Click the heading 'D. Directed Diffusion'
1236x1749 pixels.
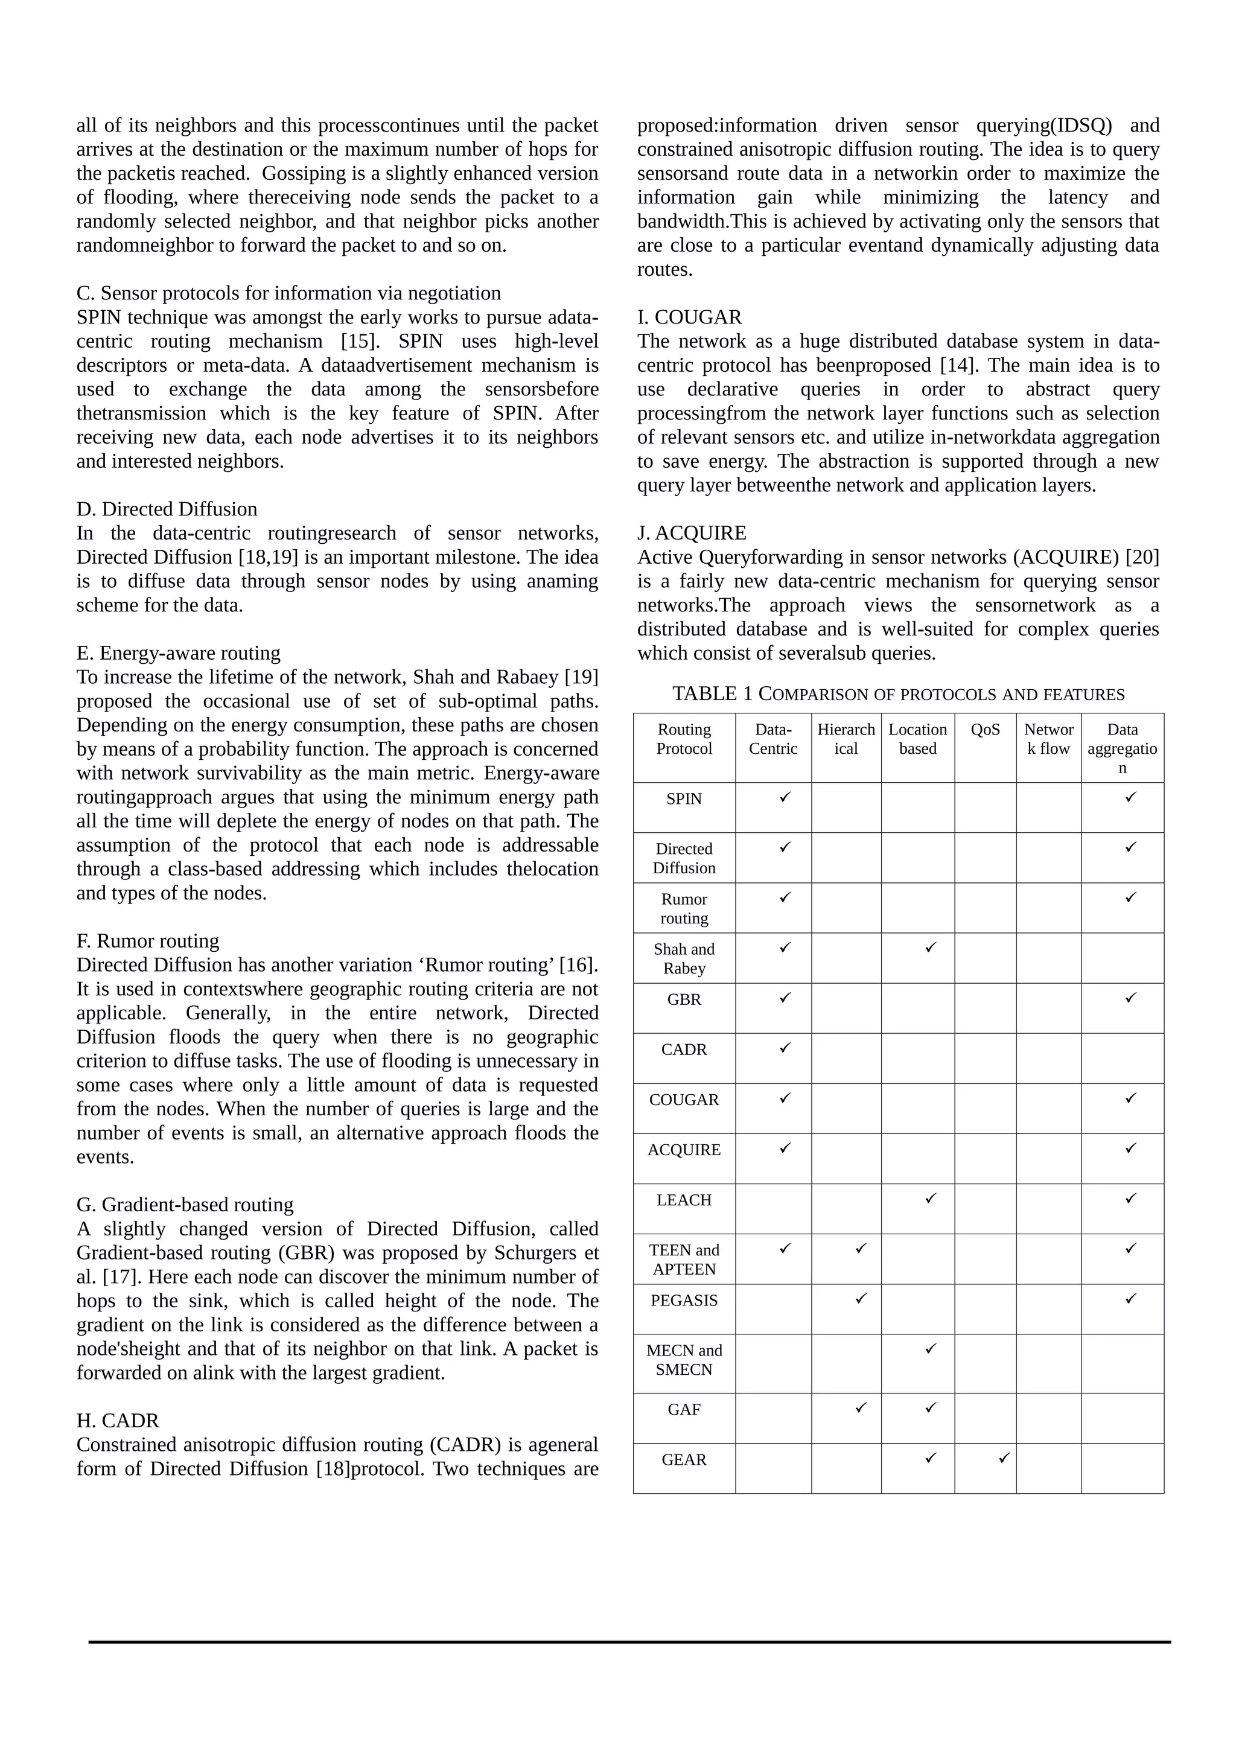coord(167,509)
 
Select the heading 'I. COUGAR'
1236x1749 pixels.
coord(689,317)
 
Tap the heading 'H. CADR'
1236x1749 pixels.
coord(118,1421)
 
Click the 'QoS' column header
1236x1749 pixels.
coord(985,730)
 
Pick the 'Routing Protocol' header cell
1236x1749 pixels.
coord(684,739)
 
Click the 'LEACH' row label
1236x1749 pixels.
coord(684,1200)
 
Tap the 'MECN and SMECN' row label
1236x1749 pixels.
coord(684,1360)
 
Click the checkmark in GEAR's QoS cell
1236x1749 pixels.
coord(1004,1458)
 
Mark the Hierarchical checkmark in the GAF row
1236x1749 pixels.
coord(861,1407)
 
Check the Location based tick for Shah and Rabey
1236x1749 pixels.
coord(930,947)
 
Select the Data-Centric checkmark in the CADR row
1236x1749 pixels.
coord(785,1048)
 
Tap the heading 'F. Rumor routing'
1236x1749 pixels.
coord(148,941)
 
